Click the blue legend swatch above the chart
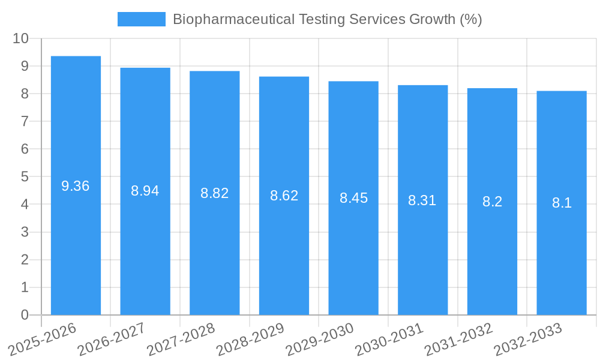(141, 19)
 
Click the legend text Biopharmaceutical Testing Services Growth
(327, 19)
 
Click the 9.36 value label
(76, 186)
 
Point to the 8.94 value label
(145, 191)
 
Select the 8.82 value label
(215, 193)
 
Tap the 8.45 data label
(353, 198)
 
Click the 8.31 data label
(422, 200)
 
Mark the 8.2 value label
(492, 202)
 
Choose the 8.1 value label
(562, 203)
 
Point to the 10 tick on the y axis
(20, 38)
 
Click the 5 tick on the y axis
(25, 176)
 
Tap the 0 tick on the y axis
(25, 315)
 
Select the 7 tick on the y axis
(25, 121)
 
